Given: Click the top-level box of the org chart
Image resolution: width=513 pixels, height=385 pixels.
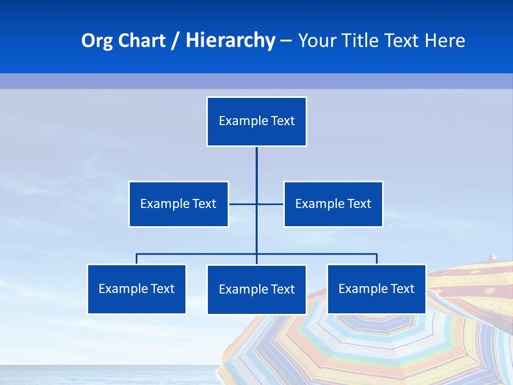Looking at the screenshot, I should tap(256, 121).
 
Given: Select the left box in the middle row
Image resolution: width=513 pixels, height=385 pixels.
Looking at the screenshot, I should tap(178, 204).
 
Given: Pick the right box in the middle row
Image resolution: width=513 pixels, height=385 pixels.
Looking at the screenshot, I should tap(333, 204).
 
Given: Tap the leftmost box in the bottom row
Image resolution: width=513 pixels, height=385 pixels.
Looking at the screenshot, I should tap(137, 289).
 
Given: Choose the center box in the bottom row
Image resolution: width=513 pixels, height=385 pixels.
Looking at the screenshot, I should tap(256, 289).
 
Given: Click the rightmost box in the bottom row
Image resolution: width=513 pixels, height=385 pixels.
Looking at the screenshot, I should tap(376, 289).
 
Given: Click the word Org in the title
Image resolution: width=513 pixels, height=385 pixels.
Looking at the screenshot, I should tap(97, 41).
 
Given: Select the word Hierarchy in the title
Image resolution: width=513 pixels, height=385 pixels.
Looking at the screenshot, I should tap(230, 41).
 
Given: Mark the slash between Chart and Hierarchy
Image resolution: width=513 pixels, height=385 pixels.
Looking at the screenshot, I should tap(175, 41).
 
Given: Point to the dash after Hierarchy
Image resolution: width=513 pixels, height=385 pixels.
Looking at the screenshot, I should tap(286, 41).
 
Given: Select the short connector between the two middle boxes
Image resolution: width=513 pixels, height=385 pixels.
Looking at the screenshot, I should tap(244, 204).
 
